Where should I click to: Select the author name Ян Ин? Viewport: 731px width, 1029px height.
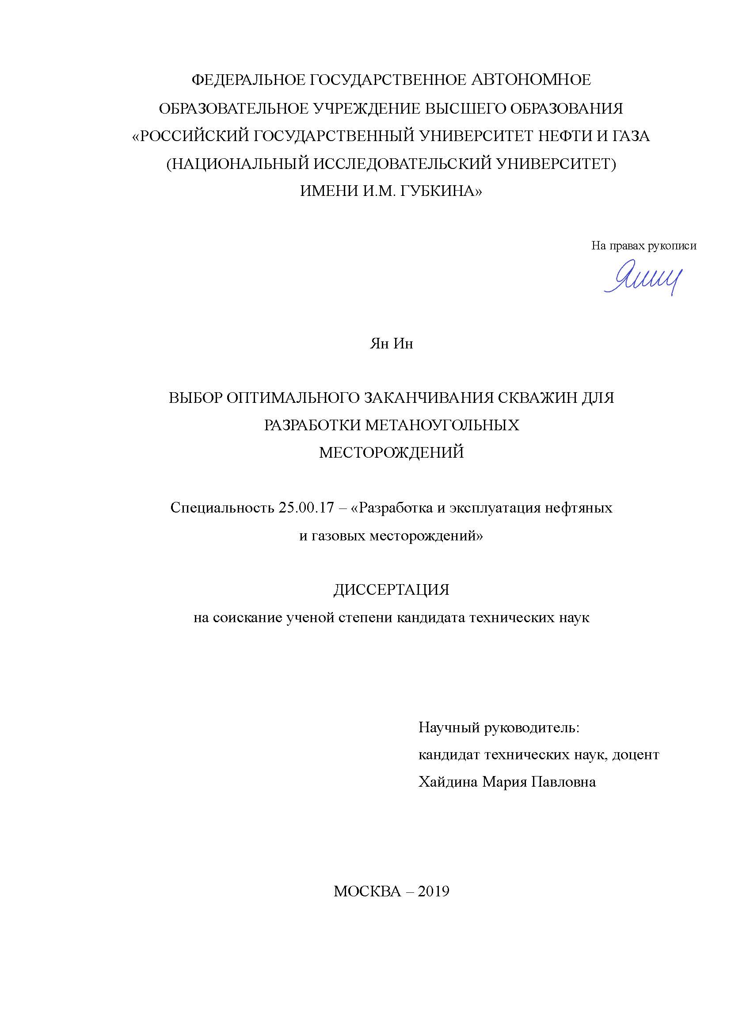tap(391, 344)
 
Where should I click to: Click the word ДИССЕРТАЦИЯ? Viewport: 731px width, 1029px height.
tap(391, 590)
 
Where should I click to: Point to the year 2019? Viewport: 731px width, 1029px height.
tap(434, 891)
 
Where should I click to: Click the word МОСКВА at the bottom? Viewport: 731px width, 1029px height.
tap(367, 891)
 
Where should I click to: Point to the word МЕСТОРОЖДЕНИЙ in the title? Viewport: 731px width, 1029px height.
tap(391, 452)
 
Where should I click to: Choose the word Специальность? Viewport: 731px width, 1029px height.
tap(221, 508)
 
